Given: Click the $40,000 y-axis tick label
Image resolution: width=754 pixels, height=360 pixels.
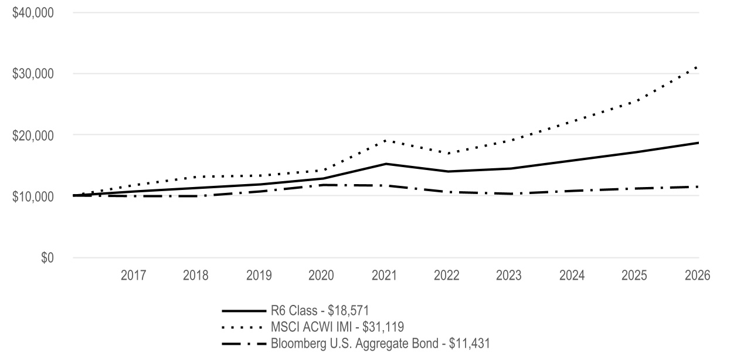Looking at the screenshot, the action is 33,13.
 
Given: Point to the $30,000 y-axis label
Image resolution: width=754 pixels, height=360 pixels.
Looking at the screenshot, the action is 33,74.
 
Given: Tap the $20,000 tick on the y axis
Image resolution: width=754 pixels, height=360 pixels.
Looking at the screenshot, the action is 33,135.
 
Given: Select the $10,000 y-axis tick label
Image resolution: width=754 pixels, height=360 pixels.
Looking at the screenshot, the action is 33,196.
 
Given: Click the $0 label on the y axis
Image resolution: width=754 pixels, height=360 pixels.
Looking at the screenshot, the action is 47,257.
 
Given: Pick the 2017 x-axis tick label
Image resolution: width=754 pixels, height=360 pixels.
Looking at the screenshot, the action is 133,276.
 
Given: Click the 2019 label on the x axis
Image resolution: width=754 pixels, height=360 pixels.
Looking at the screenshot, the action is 259,276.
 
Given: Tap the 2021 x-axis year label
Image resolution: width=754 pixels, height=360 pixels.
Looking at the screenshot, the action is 385,276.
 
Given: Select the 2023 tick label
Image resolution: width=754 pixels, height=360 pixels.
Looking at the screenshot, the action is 508,276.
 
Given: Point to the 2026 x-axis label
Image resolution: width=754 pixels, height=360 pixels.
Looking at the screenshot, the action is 698,276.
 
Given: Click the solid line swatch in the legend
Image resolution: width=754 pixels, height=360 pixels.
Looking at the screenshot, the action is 244,311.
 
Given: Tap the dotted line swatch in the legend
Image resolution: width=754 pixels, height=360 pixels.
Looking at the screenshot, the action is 242,327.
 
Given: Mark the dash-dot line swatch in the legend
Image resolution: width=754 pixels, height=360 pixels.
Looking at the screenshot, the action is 244,344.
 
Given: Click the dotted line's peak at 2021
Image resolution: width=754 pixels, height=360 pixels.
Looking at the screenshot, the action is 385,140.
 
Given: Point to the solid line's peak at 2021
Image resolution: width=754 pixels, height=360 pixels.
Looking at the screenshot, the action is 386,164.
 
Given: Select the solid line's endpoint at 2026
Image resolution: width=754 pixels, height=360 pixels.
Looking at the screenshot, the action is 699,143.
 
